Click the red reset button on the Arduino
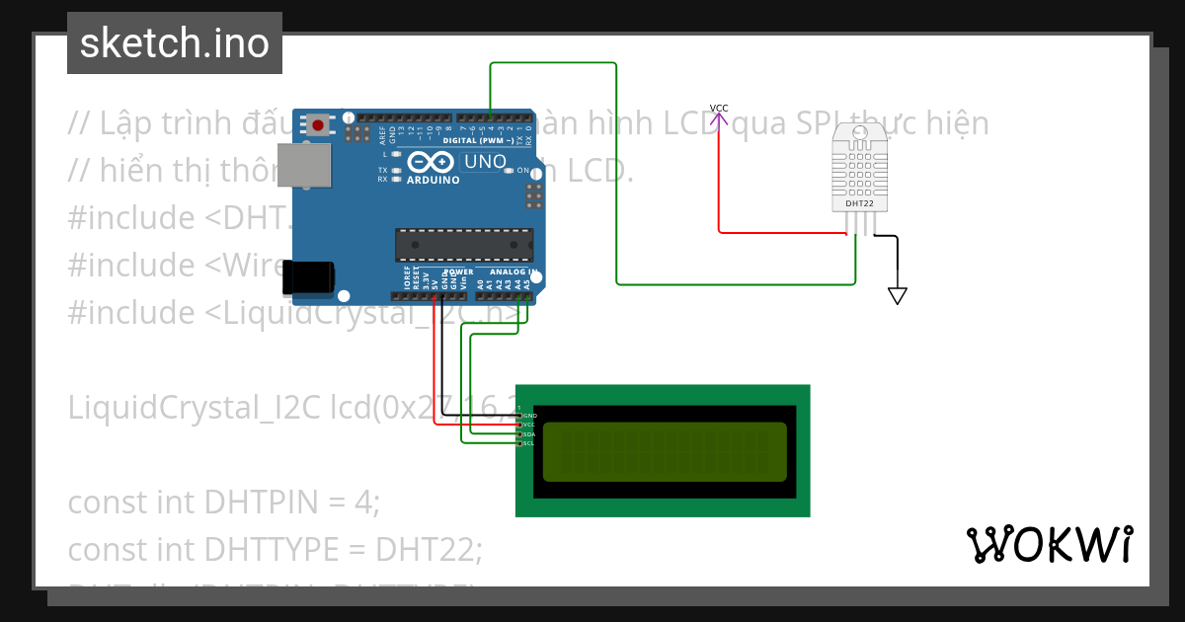coord(318,124)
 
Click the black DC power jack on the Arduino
coord(309,279)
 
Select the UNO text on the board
coord(485,162)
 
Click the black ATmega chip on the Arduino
coord(463,245)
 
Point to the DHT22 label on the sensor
coord(859,204)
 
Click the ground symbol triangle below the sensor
coord(897,295)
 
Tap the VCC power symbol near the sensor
coord(719,109)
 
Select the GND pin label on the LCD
coord(529,417)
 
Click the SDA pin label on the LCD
coord(529,434)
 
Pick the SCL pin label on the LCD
coord(529,443)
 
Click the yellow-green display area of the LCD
coord(665,451)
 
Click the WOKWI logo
coord(1050,544)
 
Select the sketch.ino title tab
coord(175,43)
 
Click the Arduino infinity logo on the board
coord(432,162)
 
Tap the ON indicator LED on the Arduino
coord(510,171)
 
